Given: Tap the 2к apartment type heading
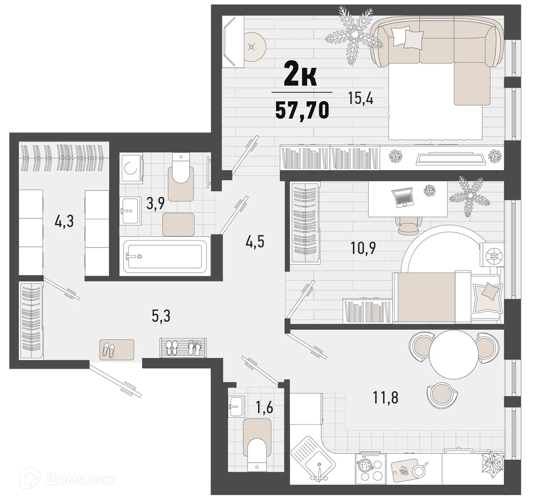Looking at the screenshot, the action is click(301, 77).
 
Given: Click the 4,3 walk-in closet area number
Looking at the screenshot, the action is click(64, 221).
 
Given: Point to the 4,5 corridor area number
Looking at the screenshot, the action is click(255, 242).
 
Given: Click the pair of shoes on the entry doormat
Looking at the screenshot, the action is click(109, 349).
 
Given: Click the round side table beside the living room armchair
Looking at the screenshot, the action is click(255, 47).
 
